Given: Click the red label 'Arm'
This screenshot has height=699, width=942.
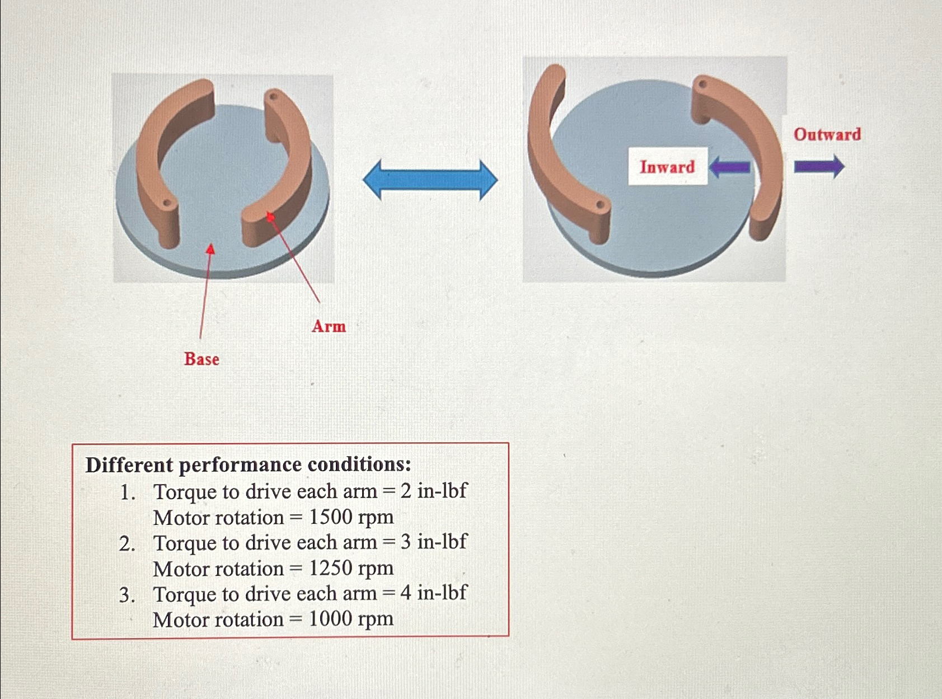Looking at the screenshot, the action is [329, 326].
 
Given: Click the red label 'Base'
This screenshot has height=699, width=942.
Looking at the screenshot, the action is [201, 359].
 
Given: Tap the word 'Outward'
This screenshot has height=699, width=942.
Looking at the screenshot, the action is [827, 134].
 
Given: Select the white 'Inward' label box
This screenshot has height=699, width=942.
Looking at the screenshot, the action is [667, 167].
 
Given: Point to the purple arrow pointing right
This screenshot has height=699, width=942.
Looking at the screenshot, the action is [819, 167].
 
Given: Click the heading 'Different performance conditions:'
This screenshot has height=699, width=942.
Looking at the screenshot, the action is [248, 465].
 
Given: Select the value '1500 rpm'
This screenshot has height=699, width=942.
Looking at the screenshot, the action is [351, 517].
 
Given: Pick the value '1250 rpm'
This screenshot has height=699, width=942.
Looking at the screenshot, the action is [351, 568].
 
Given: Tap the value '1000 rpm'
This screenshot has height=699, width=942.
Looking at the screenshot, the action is [351, 619].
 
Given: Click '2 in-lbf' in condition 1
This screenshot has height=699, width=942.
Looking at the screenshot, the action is [434, 491].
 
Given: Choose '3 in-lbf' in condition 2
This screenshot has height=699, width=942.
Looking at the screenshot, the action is [434, 542].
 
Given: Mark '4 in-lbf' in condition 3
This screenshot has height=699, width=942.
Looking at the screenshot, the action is [434, 593].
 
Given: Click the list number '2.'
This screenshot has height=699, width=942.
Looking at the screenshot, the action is [127, 543].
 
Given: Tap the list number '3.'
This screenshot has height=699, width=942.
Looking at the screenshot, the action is [127, 594].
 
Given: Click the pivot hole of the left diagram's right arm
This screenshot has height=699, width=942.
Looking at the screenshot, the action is [273, 97].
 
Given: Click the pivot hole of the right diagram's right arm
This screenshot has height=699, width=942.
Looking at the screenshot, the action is [702, 85].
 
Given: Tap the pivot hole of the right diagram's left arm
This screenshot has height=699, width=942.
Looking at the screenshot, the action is [600, 205].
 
